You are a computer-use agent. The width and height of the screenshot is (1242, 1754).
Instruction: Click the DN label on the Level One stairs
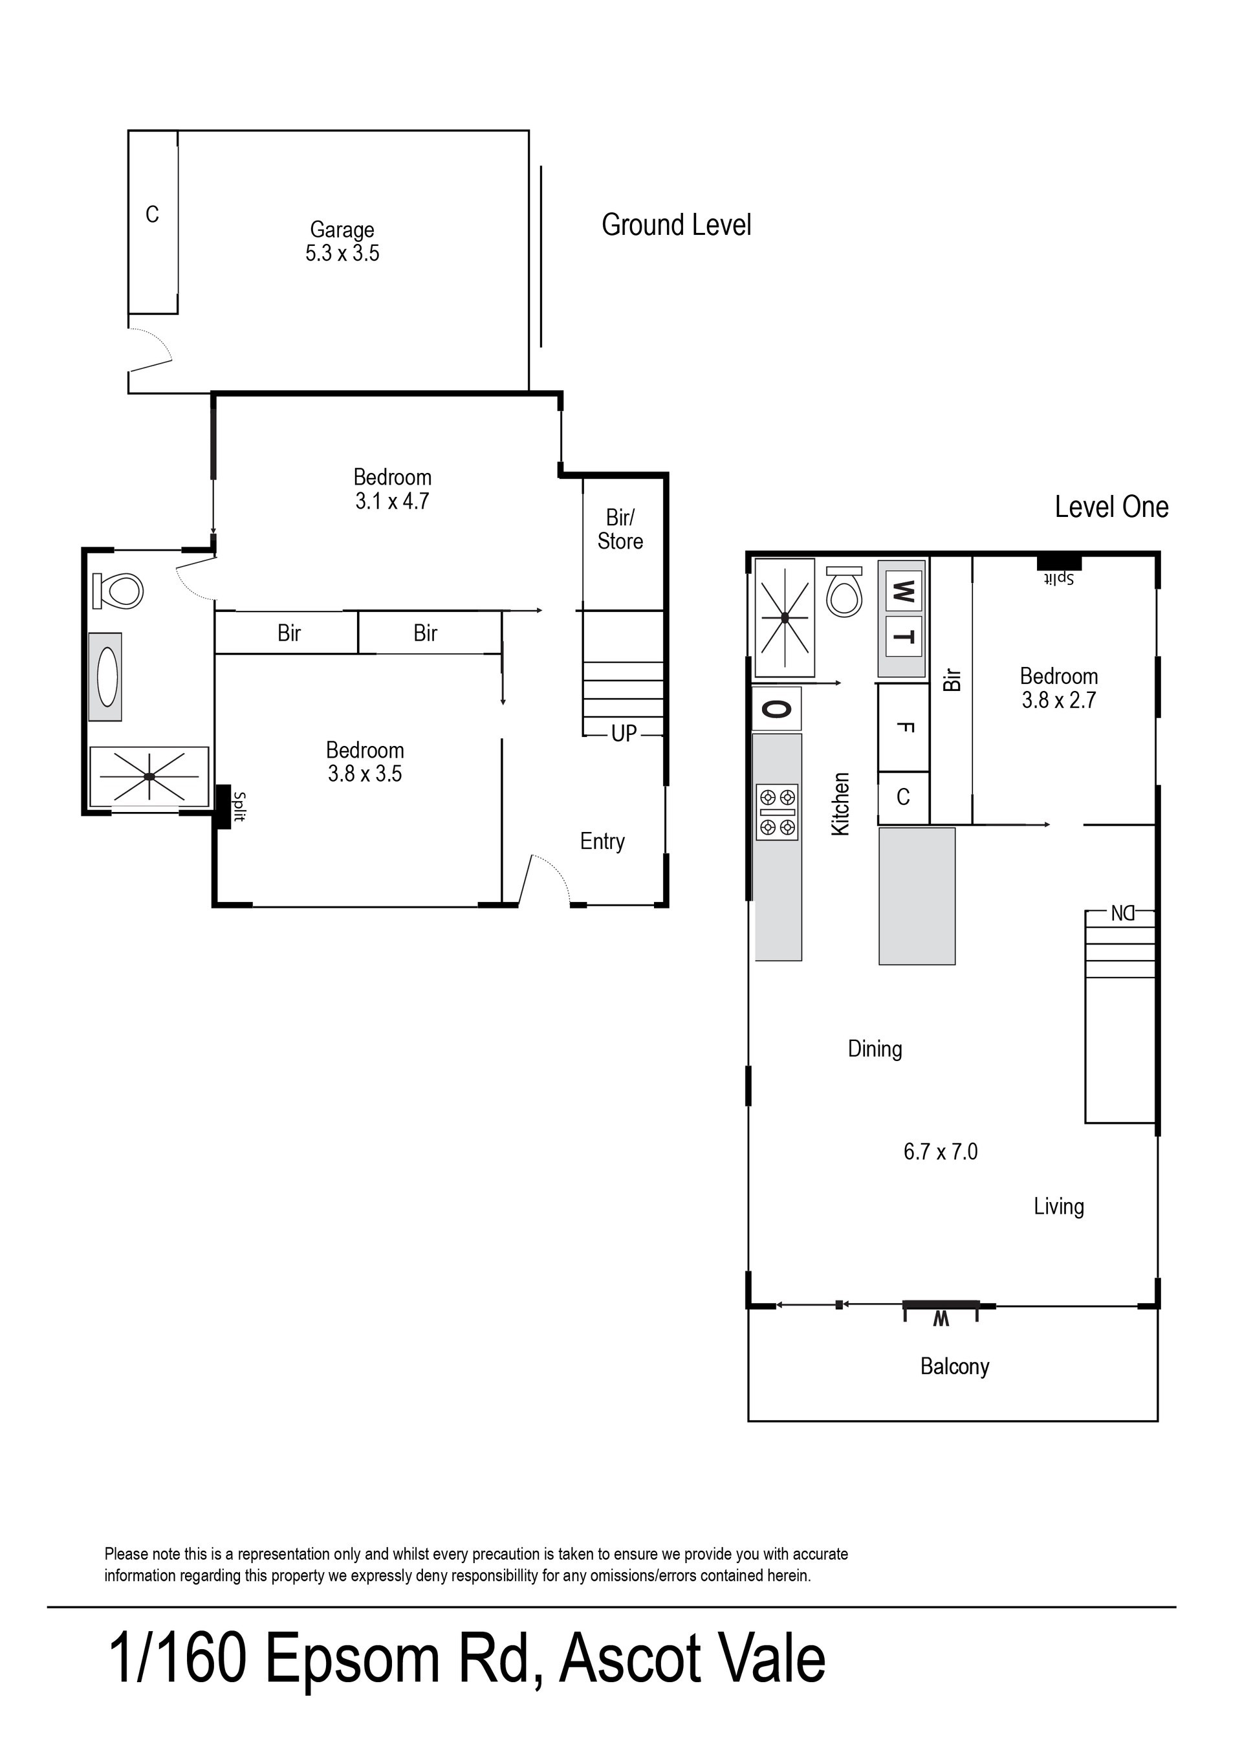[x=1123, y=914]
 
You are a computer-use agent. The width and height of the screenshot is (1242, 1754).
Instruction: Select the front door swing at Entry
[x=549, y=880]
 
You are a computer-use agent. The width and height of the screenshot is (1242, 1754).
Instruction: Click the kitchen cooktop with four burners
[x=777, y=811]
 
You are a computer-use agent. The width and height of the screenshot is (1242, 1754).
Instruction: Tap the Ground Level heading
[x=676, y=225]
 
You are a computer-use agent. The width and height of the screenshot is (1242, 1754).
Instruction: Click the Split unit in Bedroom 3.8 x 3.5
[x=223, y=806]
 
